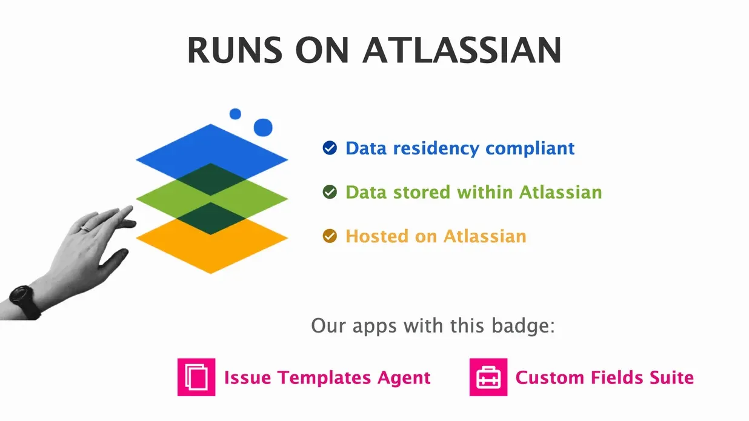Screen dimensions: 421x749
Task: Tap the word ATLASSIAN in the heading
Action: tap(461, 50)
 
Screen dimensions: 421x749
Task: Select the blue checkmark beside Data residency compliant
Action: tap(330, 148)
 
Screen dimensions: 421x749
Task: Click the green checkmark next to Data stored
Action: tap(330, 192)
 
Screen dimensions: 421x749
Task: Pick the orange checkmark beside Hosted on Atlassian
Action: tap(330, 236)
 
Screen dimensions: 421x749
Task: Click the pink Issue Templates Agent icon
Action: tap(196, 377)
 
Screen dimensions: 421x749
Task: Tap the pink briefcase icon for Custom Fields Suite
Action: tap(488, 377)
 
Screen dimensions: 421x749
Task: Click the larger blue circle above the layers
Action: tap(263, 127)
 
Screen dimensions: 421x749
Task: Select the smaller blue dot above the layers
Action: tap(235, 114)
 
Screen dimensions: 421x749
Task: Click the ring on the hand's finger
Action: tap(85, 228)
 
